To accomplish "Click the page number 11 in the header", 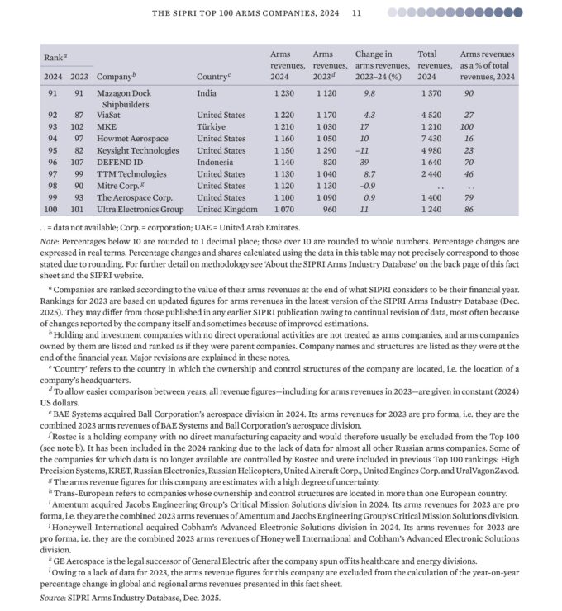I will [356, 13].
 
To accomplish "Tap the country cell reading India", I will [207, 93].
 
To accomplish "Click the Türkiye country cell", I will [211, 128].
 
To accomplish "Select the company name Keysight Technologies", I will [137, 151].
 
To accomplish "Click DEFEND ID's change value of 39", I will [364, 163].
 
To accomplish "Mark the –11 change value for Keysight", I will [361, 151].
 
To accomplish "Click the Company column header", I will [116, 77].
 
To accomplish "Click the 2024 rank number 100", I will [53, 210].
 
